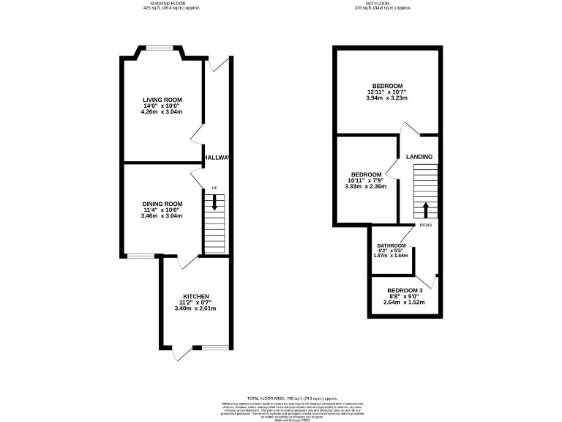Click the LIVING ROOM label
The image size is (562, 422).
click(x=162, y=100)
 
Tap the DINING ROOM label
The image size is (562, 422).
click(x=162, y=204)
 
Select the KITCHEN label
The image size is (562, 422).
click(x=195, y=296)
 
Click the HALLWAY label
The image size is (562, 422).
click(x=217, y=158)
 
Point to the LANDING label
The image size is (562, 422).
click(x=419, y=157)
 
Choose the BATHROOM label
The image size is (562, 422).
click(x=391, y=245)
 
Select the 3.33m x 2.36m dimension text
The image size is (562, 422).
click(x=365, y=186)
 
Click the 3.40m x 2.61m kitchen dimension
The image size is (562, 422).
click(x=195, y=308)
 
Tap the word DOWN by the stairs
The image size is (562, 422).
click(x=426, y=224)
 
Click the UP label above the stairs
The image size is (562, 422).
click(x=214, y=188)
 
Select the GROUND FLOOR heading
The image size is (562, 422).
click(x=170, y=4)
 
